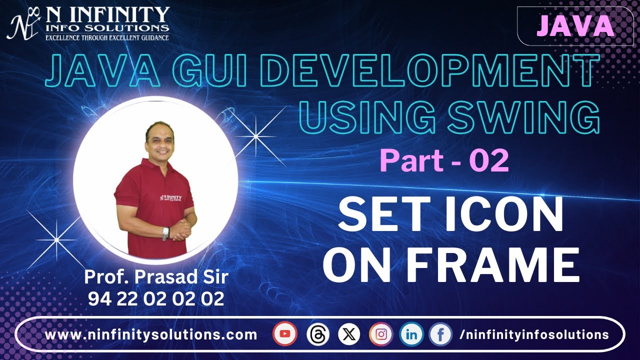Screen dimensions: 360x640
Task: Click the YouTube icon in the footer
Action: [x=285, y=334]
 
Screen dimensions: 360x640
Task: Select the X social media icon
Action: [x=349, y=334]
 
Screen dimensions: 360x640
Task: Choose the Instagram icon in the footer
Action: [x=381, y=334]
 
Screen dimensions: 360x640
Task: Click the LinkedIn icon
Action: [x=411, y=334]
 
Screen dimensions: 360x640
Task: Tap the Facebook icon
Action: [x=440, y=334]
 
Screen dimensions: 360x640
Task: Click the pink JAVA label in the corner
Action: [x=575, y=26]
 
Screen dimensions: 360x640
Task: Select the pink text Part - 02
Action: [x=444, y=161]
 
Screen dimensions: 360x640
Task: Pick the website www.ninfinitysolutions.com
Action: [x=151, y=334]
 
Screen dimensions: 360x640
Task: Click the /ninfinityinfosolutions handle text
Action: [x=533, y=334]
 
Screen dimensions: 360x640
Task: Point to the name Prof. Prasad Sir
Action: [x=156, y=276]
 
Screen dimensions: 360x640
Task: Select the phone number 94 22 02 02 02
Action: [x=156, y=298]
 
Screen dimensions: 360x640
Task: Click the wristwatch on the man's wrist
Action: [x=165, y=233]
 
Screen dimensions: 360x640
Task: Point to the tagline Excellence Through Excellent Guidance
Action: [x=107, y=37]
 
